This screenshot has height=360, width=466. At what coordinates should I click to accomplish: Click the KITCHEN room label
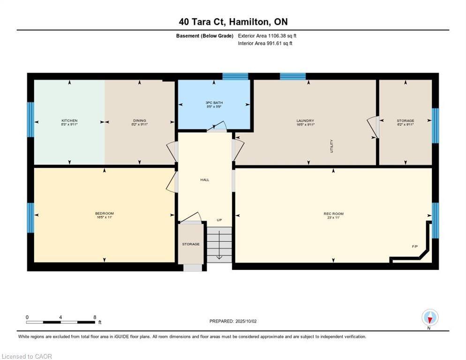pyautogui.click(x=69, y=121)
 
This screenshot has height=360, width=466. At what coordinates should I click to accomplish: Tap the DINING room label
pyautogui.click(x=139, y=121)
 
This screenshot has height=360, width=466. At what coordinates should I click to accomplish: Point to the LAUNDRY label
pyautogui.click(x=305, y=121)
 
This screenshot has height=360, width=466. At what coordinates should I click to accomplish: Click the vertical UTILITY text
pyautogui.click(x=331, y=146)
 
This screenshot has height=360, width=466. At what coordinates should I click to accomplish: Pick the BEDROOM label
pyautogui.click(x=104, y=214)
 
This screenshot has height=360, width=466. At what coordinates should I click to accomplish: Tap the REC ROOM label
pyautogui.click(x=333, y=214)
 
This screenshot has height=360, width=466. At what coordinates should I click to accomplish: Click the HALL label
pyautogui.click(x=205, y=180)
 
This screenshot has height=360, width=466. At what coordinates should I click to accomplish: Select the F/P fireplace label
pyautogui.click(x=414, y=246)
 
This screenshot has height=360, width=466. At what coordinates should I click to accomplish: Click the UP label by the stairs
pyautogui.click(x=219, y=220)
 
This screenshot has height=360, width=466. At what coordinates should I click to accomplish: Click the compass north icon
pyautogui.click(x=430, y=317)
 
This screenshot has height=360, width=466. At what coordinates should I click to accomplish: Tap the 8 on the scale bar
pyautogui.click(x=95, y=317)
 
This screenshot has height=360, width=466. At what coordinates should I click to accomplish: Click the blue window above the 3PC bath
pyautogui.click(x=235, y=76)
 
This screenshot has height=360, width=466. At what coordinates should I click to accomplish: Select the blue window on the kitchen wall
pyautogui.click(x=30, y=120)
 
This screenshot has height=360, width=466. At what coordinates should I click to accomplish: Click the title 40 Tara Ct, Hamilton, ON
pyautogui.click(x=233, y=22)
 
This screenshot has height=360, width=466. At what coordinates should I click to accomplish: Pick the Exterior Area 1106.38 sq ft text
pyautogui.click(x=267, y=36)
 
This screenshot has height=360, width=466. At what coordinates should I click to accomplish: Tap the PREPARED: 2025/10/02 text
pyautogui.click(x=233, y=321)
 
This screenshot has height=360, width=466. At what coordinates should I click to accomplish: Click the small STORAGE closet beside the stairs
pyautogui.click(x=191, y=244)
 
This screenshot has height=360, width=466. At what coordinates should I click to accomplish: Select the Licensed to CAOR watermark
pyautogui.click(x=27, y=356)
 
